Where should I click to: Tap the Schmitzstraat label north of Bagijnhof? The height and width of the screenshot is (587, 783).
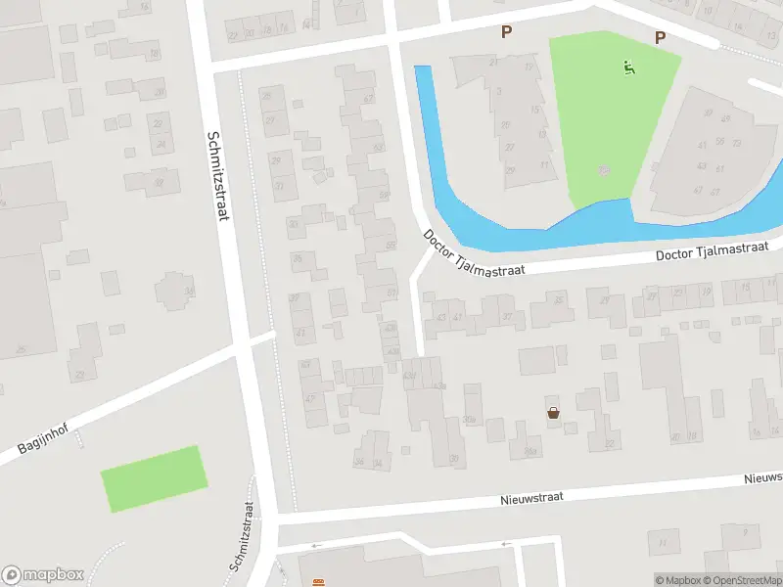(x=216, y=175)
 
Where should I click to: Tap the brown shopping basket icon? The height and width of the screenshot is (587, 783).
(x=554, y=413)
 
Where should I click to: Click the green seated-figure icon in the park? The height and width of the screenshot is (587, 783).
(x=628, y=68)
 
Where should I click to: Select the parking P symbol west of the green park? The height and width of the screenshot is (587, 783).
(x=506, y=32)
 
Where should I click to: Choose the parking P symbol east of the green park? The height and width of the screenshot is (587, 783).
(x=660, y=37)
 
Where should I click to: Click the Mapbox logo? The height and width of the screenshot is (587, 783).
(x=42, y=575)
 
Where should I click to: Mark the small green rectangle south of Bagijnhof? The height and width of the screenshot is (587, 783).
(x=155, y=477)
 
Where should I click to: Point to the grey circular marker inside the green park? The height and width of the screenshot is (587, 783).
(x=604, y=170)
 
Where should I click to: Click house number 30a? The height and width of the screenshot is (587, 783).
(x=470, y=421)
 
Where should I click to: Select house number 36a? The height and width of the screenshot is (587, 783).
(x=530, y=451)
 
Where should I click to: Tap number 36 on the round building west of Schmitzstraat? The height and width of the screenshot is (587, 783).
(x=189, y=292)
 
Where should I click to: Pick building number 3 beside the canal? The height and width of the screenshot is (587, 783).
(x=498, y=91)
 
